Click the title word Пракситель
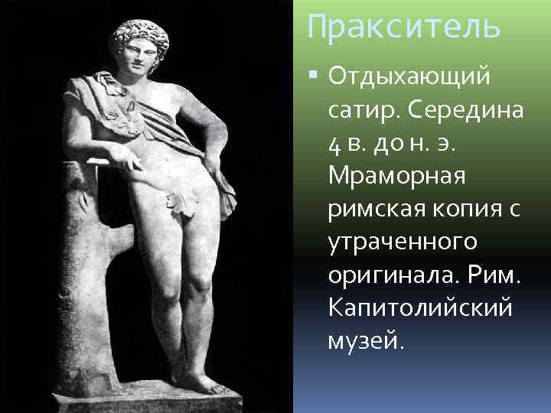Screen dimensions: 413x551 [x=403, y=27]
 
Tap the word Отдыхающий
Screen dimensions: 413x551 [x=409, y=78]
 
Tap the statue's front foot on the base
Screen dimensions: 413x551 [x=203, y=382]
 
